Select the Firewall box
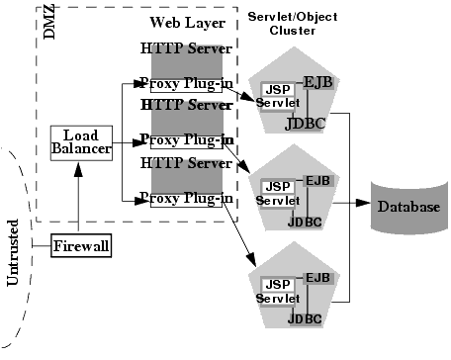coord(81,245)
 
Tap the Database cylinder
coord(407,208)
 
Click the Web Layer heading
coord(187,23)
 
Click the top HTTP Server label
coord(187,47)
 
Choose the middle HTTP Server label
coord(187,104)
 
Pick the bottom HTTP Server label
coord(187,162)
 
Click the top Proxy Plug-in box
coord(187,83)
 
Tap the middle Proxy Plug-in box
coord(187,140)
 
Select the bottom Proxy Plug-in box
coord(187,199)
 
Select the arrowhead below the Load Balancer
coord(76,171)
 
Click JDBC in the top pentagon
coord(303,123)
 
